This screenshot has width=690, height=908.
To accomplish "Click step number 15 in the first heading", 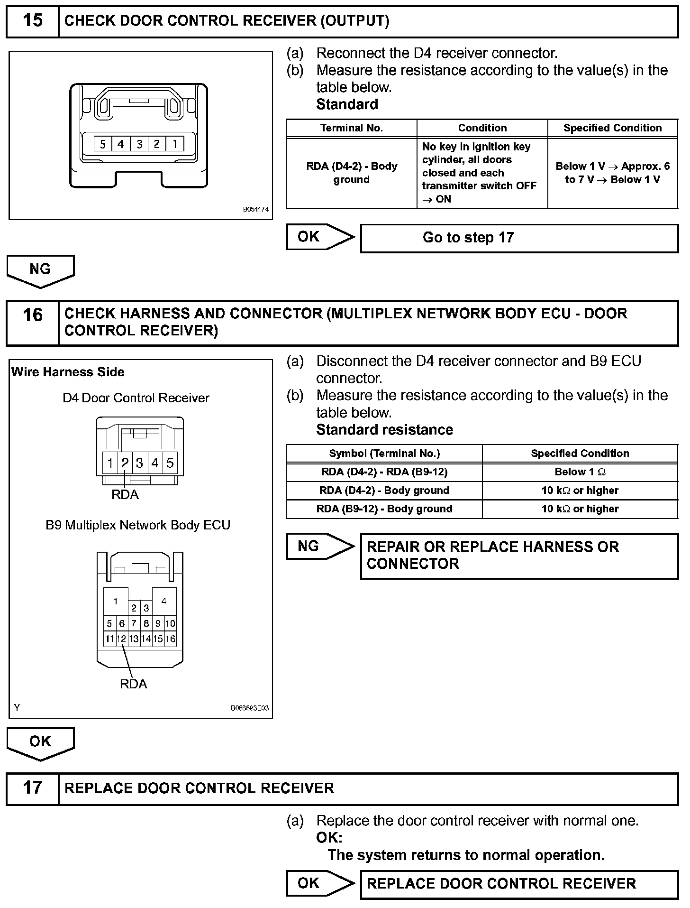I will [32, 20].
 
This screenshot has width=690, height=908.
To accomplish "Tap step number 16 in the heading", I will [32, 315].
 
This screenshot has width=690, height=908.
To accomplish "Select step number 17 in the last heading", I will [32, 788].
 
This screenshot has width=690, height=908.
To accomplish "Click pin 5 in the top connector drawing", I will [103, 144].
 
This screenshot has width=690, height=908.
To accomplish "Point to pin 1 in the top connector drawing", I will [174, 144].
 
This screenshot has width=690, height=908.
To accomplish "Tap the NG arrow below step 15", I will [40, 270].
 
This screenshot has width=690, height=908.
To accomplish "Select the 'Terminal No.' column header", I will [351, 128].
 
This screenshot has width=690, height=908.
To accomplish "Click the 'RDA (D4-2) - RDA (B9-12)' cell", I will [384, 472].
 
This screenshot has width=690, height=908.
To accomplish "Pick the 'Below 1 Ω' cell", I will [580, 472].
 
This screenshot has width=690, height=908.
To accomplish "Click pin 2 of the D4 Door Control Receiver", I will [125, 463].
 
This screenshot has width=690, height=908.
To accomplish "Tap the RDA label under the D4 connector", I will [125, 495].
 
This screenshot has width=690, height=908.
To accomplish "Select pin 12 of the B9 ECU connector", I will [121, 639].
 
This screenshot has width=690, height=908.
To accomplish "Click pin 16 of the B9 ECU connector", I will [170, 639].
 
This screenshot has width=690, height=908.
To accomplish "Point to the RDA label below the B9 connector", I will [134, 684].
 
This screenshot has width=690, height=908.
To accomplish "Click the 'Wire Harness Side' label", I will [68, 372].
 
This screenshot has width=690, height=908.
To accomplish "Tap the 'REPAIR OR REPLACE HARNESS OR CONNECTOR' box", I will [519, 556].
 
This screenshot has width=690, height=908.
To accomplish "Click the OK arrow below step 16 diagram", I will [40, 742].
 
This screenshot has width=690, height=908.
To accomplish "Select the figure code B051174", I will [256, 209].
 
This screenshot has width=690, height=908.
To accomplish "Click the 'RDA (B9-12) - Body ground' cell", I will [384, 509].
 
